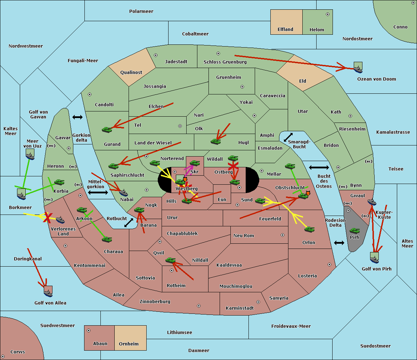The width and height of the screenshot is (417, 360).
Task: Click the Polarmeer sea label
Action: [x=141, y=11]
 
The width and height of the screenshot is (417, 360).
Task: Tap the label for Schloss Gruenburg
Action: [x=225, y=62]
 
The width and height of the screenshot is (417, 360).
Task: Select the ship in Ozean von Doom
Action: [x=358, y=69]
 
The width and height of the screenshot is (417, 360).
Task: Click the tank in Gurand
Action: [x=107, y=129]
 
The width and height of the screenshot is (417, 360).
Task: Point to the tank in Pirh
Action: [x=354, y=231]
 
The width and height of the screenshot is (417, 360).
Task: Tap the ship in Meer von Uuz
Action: [x=30, y=156]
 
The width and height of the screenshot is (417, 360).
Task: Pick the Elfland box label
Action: [x=285, y=30]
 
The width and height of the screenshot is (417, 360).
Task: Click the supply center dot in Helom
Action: [x=328, y=14]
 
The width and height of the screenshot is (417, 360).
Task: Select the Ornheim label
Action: [x=129, y=344]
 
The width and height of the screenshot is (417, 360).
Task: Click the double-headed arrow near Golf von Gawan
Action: [x=77, y=117]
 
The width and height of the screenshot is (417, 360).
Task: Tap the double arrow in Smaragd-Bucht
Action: [x=288, y=137]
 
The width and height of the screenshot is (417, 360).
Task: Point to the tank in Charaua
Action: [x=107, y=240]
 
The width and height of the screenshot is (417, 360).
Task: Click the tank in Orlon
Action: [x=310, y=229]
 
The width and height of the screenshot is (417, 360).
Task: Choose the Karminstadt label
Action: [x=240, y=308]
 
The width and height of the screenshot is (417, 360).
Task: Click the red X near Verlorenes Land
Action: [x=48, y=217]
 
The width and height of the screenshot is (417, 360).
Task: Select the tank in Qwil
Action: [x=171, y=260]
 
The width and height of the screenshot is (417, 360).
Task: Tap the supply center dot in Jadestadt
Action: [x=156, y=55]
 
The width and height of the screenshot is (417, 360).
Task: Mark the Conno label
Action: [x=400, y=27]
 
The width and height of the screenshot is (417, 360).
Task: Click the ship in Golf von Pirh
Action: [x=375, y=260]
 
